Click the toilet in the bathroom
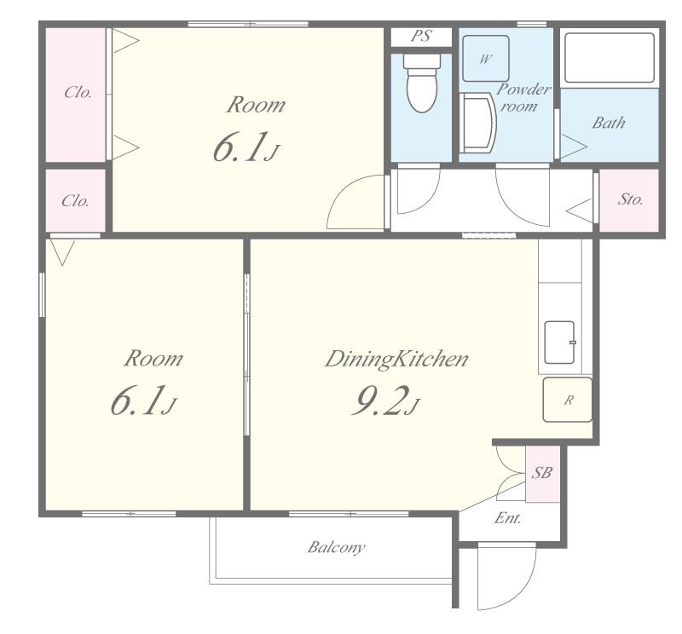[x=421, y=83]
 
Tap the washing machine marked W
[x=485, y=58]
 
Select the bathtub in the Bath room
[x=609, y=58]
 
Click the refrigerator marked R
[x=567, y=400]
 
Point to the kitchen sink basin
[x=560, y=343]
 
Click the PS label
[x=421, y=36]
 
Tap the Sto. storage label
[x=630, y=199]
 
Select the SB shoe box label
[x=542, y=472]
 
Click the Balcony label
[x=336, y=547]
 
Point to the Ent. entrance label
[x=507, y=518]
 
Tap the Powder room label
[x=523, y=97]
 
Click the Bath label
[x=609, y=123]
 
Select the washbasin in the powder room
[x=478, y=123]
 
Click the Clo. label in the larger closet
[x=78, y=92]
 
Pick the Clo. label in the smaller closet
[x=75, y=201]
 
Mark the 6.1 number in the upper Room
[x=240, y=147]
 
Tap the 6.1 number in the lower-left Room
[x=137, y=400]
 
